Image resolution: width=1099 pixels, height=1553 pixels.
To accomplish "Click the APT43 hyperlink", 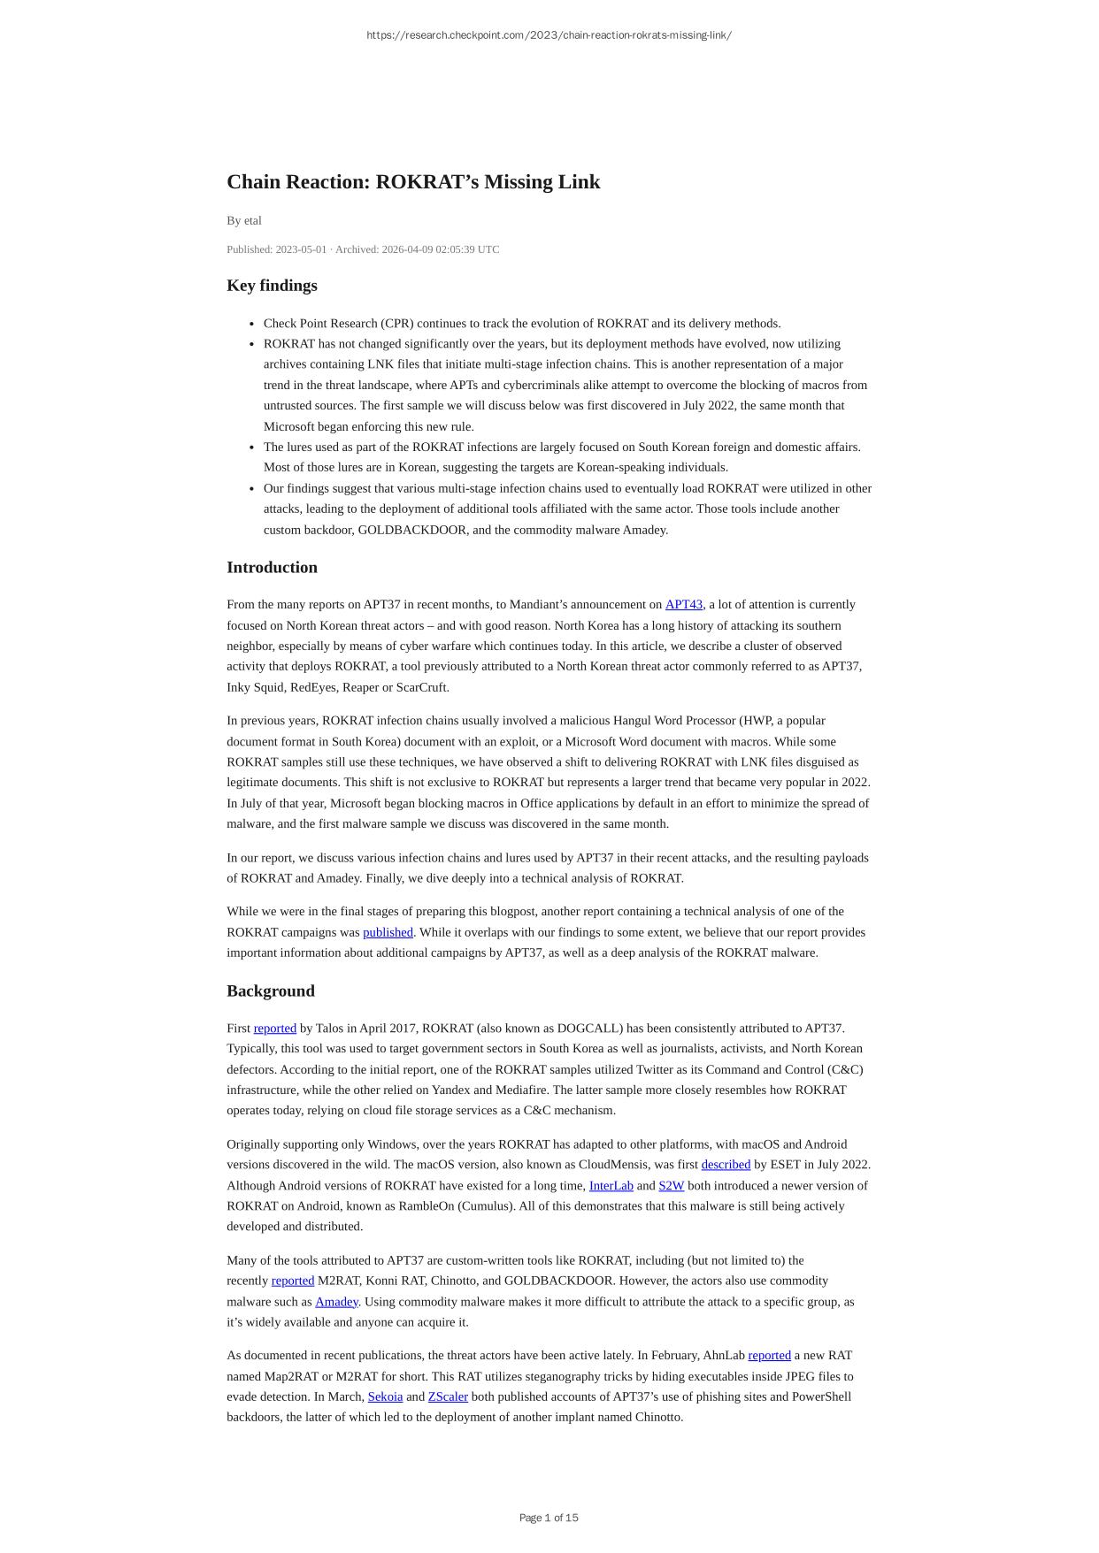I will (683, 605).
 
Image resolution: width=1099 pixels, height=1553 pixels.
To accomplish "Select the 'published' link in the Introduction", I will (388, 932).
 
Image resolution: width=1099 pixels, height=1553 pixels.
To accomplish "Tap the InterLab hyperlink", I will (611, 1186).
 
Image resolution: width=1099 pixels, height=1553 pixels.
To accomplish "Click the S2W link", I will (671, 1186).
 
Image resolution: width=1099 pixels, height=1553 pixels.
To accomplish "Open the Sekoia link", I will (385, 1397).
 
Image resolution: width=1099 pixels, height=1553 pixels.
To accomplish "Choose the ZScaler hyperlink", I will (448, 1397).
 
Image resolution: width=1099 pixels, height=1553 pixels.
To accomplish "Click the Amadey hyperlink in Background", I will (336, 1302).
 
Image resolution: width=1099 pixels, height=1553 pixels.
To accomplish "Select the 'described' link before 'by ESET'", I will (726, 1165).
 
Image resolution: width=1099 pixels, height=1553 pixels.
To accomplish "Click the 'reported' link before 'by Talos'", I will (274, 1029).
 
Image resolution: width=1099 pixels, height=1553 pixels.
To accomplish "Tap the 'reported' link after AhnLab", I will (769, 1356).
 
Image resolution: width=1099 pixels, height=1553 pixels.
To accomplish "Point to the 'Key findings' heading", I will (272, 286).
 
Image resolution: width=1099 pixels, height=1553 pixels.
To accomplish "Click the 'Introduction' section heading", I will (272, 568).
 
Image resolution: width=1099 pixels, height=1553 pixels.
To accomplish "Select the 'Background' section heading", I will (271, 991).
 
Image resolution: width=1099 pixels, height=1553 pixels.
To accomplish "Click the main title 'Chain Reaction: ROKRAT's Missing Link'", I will (413, 182).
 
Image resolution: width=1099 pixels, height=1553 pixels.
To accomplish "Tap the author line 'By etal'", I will (244, 221).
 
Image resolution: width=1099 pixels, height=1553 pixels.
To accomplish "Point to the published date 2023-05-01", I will (300, 249).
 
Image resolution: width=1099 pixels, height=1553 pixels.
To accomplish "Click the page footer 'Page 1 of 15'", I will (549, 1518).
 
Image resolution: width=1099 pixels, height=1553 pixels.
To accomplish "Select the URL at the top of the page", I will (549, 35).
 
